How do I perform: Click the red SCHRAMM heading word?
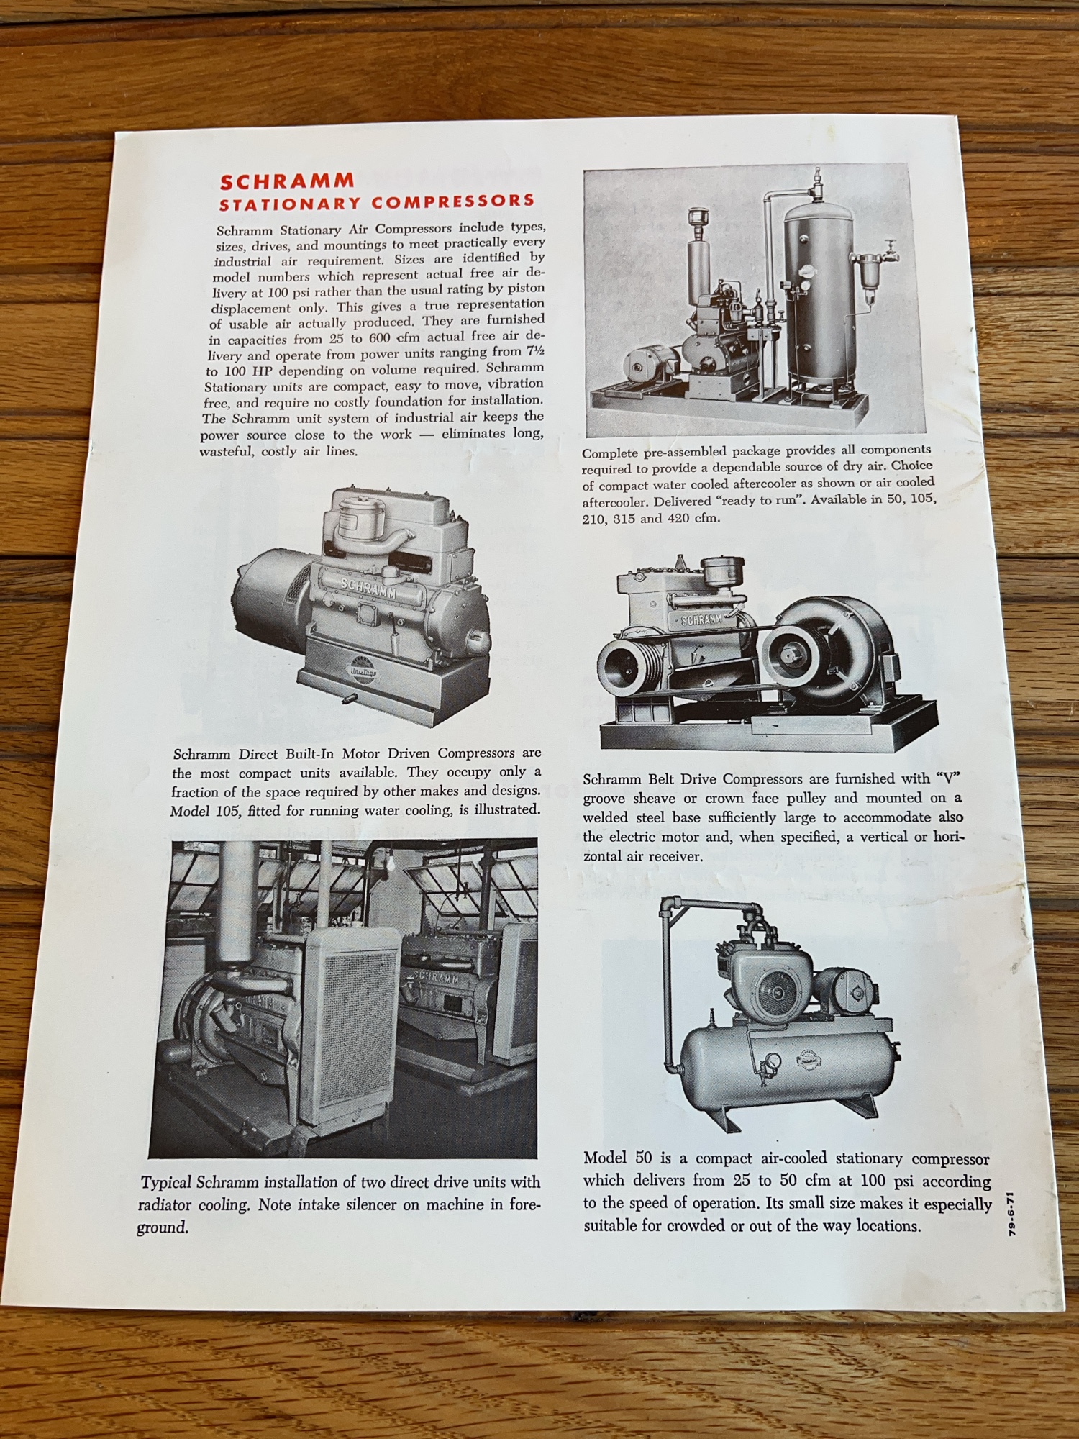[287, 181]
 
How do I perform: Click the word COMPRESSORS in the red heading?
[453, 202]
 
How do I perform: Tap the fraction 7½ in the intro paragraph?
[532, 351]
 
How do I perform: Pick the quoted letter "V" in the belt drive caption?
[949, 777]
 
